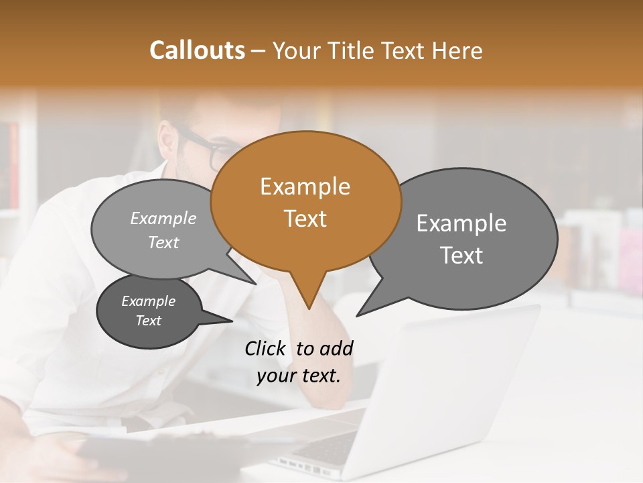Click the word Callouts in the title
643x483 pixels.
pos(197,50)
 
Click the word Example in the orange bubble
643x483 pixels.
pos(305,186)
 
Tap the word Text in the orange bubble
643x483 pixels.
pos(305,219)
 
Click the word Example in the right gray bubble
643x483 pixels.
pos(461,223)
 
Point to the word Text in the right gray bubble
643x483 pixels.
pos(461,256)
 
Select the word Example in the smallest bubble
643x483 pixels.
pos(149,301)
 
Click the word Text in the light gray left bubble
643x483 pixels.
pos(163,243)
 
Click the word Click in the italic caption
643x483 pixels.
pos(266,348)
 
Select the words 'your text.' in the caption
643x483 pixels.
pos(299,376)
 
